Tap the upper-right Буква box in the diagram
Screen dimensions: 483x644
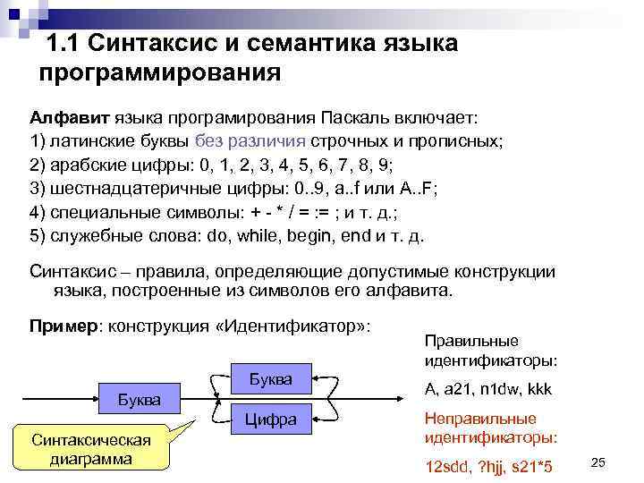coord(270,379)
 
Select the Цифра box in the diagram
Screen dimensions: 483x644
coord(270,419)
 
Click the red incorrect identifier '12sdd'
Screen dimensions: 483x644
coord(445,467)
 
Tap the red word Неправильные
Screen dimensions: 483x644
coord(480,419)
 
